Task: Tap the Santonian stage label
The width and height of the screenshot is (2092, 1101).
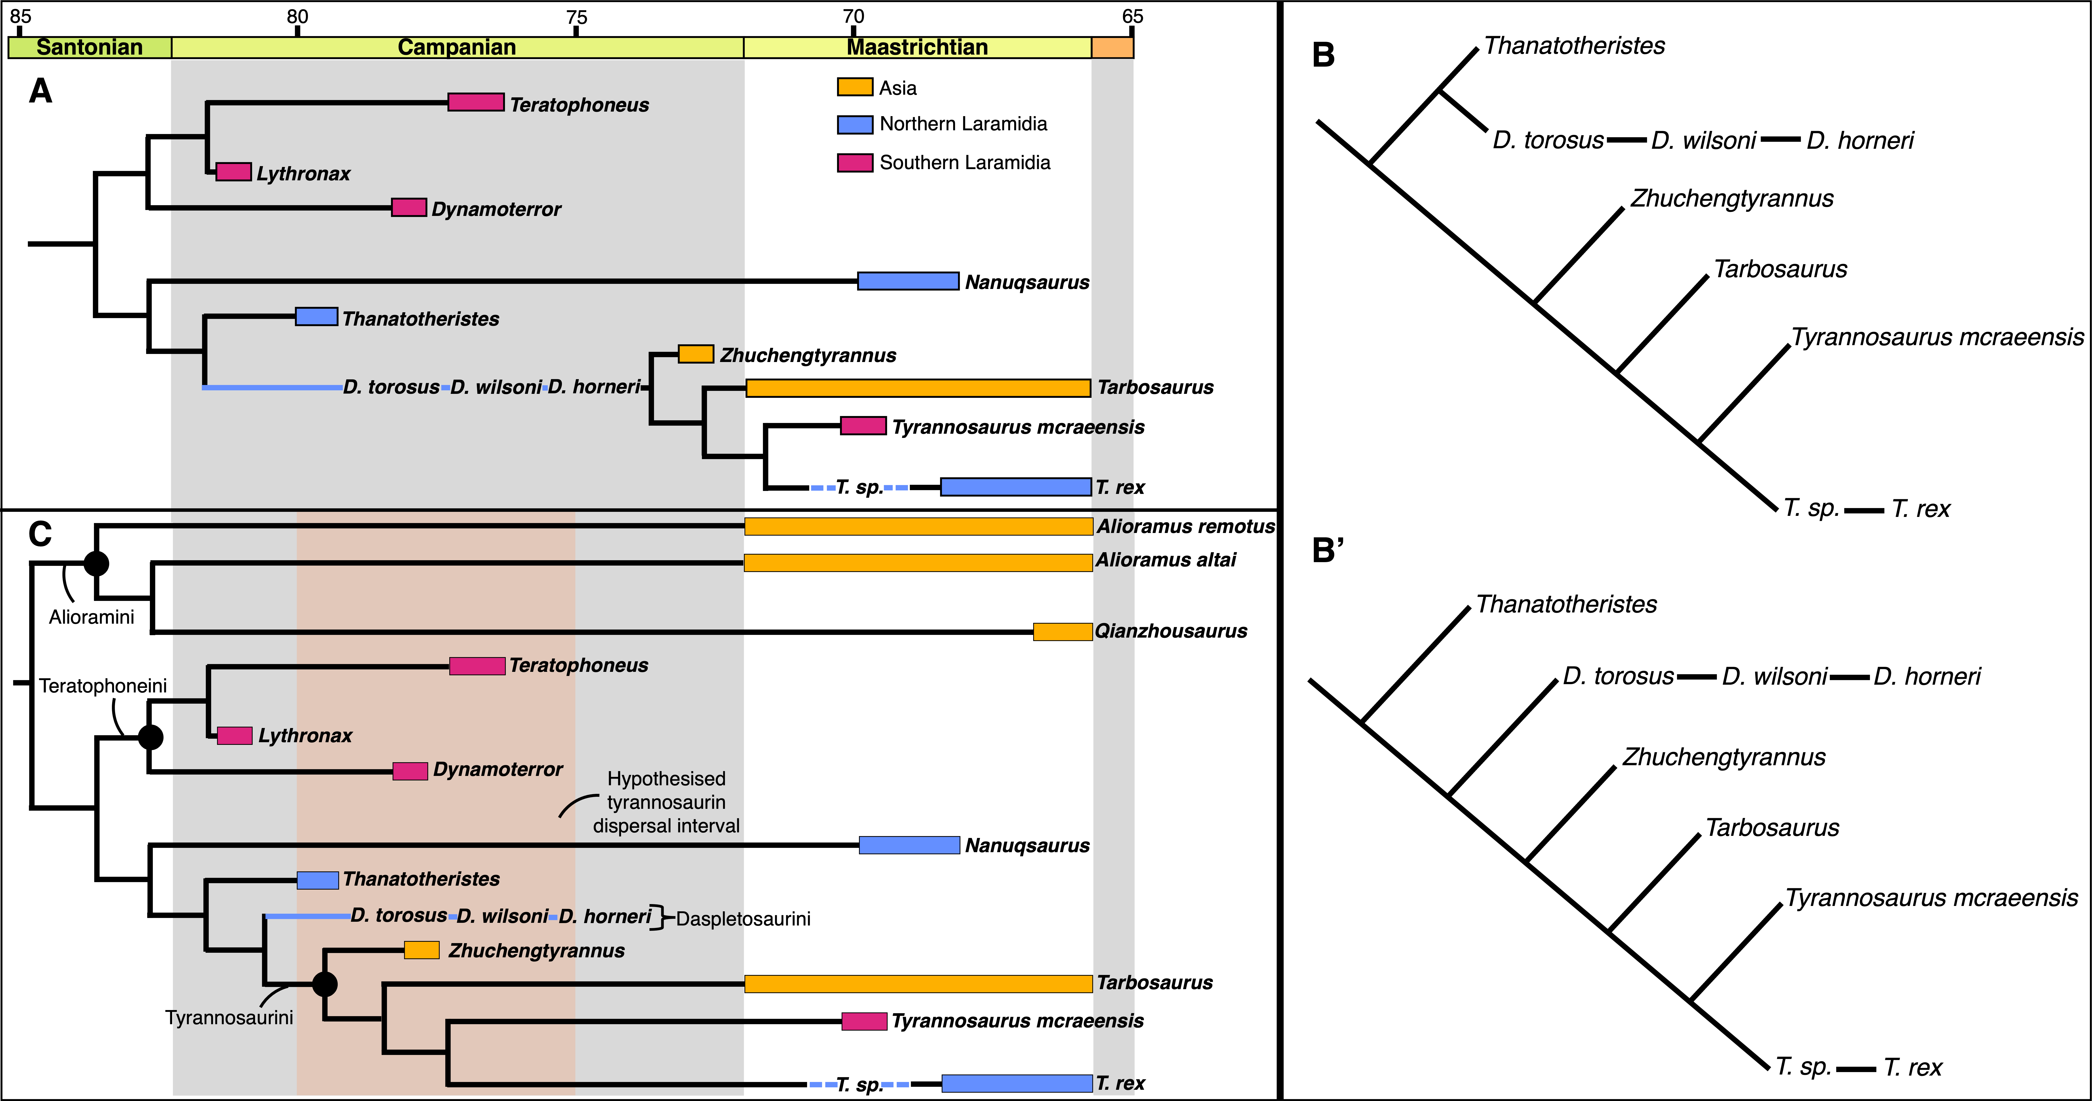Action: point(89,47)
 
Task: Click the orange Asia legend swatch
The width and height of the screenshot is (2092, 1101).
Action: point(854,87)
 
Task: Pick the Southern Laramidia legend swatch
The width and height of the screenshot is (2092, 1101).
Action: point(854,162)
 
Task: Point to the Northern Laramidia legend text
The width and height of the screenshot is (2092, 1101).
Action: point(963,124)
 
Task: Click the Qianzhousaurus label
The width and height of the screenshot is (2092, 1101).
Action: point(1170,631)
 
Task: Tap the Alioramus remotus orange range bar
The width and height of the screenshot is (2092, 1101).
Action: point(918,526)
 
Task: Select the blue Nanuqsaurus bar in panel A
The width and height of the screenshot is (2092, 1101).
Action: point(908,281)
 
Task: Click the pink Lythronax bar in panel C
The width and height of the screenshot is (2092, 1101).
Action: point(235,736)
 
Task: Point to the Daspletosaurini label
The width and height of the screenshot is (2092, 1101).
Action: point(743,919)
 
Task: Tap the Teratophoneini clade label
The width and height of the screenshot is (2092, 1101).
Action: point(103,686)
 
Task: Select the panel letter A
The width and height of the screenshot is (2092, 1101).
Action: point(41,91)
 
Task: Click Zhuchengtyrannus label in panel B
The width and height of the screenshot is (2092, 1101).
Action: point(1731,199)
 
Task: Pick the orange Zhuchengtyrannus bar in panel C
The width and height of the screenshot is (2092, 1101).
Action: point(421,950)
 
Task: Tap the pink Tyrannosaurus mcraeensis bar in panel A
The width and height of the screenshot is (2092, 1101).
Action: point(862,425)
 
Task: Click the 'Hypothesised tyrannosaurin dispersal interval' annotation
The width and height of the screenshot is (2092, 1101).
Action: point(666,802)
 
